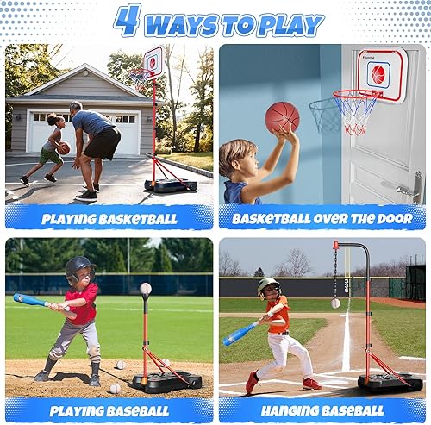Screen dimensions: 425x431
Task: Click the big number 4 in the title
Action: (127, 21)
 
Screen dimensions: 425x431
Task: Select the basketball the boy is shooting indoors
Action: (282, 116)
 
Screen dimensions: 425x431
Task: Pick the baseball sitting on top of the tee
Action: (146, 289)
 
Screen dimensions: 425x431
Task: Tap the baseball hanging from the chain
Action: (335, 303)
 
